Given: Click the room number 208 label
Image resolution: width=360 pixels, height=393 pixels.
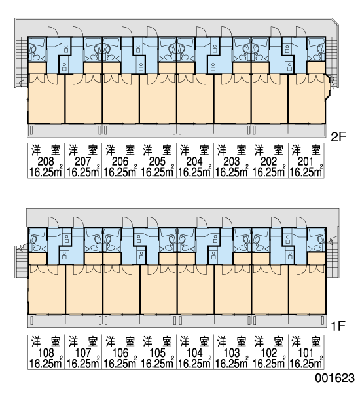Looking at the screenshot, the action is tap(46, 161).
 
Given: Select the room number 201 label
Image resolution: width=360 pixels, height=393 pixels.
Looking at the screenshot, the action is tap(306, 161).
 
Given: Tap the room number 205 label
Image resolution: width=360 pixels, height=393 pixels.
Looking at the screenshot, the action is tap(157, 161).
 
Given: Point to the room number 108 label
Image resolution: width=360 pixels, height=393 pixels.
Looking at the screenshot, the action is tap(46, 353).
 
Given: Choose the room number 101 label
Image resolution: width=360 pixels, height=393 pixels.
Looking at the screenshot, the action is tap(306, 353).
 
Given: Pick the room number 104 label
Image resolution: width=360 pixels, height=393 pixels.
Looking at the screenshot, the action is tap(194, 353).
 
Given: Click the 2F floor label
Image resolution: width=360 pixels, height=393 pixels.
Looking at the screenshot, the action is tap(338, 137).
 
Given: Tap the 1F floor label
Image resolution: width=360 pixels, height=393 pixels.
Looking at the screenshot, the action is tap(338, 326).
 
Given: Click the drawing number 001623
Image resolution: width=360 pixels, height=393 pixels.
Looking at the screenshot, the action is tap(334, 378).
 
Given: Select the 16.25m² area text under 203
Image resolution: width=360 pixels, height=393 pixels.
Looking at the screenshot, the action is tap(232, 172).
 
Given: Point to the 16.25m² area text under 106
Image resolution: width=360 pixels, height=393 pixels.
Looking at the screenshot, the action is tap(120, 363).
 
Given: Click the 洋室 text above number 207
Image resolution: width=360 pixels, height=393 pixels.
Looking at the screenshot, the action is tap(83, 151).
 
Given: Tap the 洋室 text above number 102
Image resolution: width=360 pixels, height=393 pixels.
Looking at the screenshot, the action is tap(269, 342).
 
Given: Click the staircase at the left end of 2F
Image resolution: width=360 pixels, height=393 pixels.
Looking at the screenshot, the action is tap(21, 62).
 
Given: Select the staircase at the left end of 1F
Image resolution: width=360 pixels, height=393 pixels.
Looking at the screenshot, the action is tap(21, 261).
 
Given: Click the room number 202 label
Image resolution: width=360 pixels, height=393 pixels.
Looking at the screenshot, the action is tap(269, 161).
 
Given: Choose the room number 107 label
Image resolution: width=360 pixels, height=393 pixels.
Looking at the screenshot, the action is tap(83, 353).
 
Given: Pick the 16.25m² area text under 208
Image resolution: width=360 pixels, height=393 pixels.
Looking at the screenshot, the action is tap(46, 172).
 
